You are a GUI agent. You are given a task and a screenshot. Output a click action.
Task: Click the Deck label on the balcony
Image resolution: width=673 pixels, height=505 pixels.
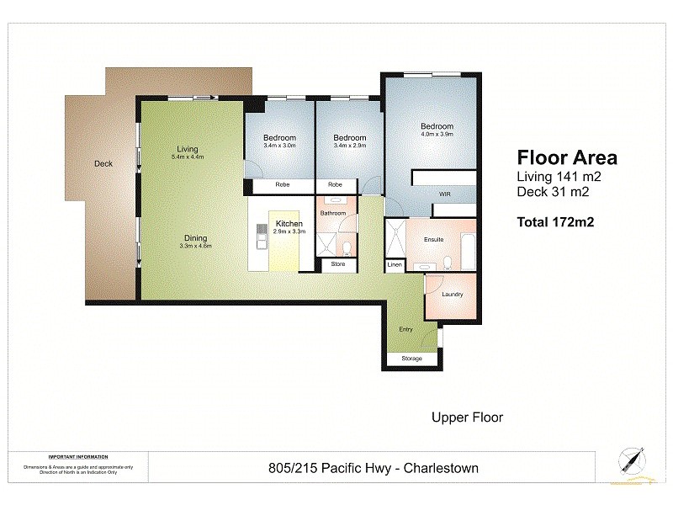103,164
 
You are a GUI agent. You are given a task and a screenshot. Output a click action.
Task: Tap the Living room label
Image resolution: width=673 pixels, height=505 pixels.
187,149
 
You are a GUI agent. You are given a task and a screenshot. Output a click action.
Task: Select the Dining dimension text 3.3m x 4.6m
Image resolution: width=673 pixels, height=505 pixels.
195,247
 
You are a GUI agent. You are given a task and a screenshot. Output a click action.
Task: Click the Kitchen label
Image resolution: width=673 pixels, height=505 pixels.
289,223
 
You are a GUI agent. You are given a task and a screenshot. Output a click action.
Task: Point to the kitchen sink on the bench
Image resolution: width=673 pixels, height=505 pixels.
262,238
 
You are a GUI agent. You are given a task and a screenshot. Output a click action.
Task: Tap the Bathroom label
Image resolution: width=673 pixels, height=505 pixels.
332,214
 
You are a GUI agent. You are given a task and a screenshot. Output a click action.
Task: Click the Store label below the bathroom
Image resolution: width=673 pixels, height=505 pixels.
337,265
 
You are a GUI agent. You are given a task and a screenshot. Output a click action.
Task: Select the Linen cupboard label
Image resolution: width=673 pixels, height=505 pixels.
395,266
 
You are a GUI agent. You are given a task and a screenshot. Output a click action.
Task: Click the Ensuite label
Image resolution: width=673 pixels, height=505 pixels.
433,239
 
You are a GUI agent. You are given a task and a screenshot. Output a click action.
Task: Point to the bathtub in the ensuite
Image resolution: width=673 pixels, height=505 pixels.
466,251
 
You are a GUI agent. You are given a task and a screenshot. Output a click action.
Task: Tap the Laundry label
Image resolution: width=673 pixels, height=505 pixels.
453,295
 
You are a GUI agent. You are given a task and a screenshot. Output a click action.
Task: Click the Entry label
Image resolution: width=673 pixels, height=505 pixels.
405,329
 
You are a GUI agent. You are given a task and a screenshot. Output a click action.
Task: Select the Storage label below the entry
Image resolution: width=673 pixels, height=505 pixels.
411,359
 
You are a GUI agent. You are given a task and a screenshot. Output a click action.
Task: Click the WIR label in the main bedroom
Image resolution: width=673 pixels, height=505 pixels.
445,194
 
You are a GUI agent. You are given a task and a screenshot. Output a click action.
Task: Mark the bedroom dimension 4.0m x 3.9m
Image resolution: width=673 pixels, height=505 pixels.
437,135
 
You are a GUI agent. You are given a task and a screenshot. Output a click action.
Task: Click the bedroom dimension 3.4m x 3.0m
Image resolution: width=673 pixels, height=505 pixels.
278,146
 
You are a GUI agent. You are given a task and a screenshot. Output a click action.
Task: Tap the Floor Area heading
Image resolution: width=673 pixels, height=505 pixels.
566,157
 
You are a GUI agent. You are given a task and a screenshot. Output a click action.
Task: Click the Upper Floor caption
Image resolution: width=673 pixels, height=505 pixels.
467,417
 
